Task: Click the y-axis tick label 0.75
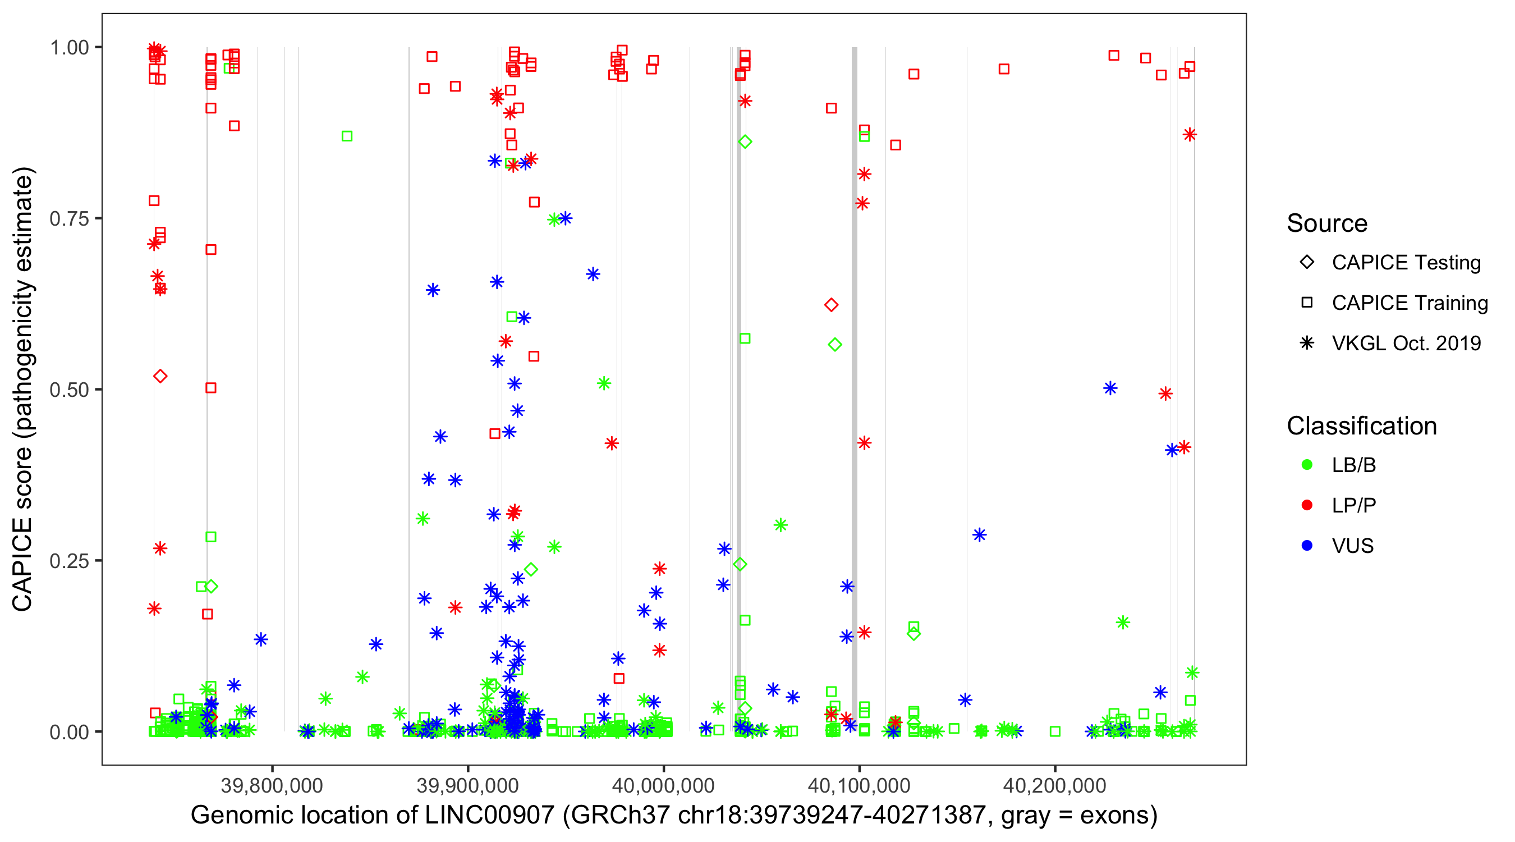tap(68, 219)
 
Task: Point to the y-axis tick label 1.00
tap(68, 48)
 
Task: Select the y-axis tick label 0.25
tap(68, 561)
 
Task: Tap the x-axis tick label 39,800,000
tap(272, 785)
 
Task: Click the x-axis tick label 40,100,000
tap(858, 785)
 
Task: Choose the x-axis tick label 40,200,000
tap(1054, 785)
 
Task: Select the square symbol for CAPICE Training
tap(1307, 303)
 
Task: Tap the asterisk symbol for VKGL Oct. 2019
tap(1307, 343)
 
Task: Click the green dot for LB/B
tap(1307, 465)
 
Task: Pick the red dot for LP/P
tap(1307, 505)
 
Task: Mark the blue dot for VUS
tap(1307, 546)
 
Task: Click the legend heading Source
tap(1327, 223)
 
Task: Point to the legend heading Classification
tap(1361, 426)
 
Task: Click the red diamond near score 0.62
tap(831, 305)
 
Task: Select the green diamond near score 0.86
tap(745, 142)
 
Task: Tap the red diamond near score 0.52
tap(160, 377)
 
